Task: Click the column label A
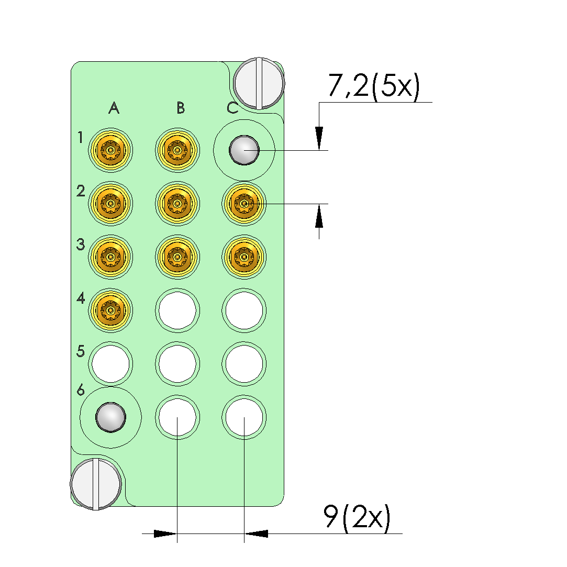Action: point(114,108)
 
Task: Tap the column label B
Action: point(181,108)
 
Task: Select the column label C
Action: point(232,108)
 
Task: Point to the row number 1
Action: point(80,137)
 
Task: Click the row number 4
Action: point(81,298)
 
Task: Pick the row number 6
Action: point(81,390)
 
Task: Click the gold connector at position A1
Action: point(110,150)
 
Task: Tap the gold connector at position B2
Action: point(177,204)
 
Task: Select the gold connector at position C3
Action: point(244,257)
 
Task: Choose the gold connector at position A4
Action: point(110,310)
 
